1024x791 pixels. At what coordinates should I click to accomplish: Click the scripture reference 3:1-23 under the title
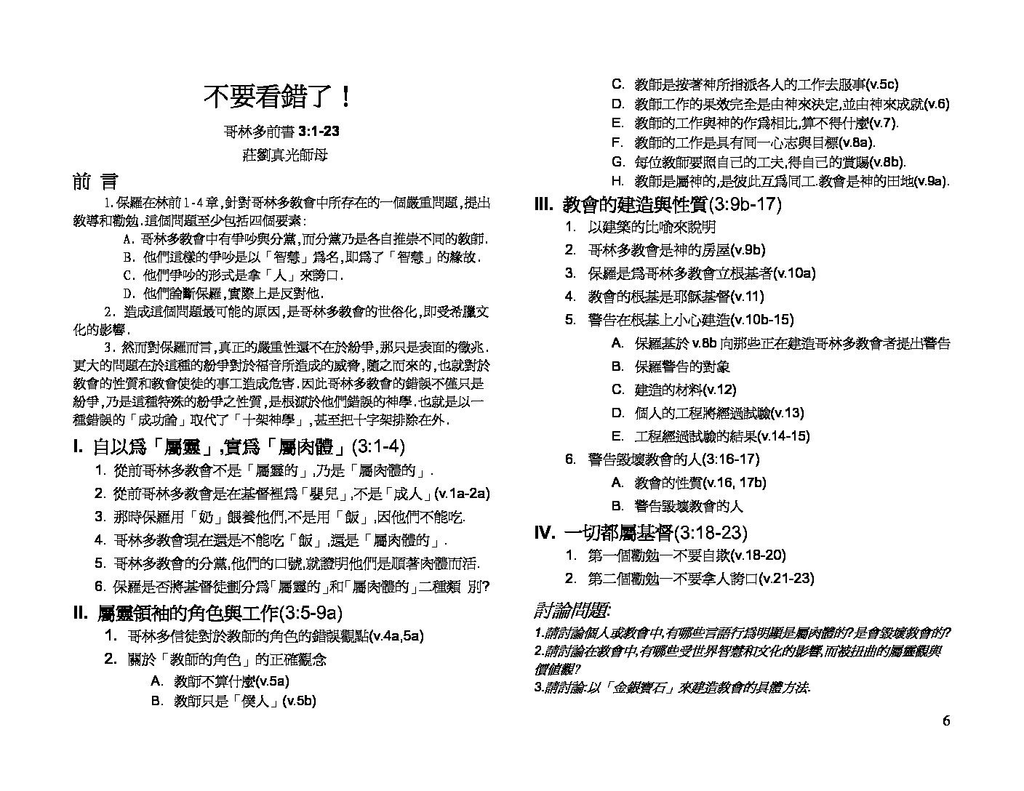pyautogui.click(x=319, y=132)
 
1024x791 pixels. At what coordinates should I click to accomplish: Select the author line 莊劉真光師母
pyautogui.click(x=280, y=156)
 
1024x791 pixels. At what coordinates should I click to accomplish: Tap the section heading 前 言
pyautogui.click(x=95, y=182)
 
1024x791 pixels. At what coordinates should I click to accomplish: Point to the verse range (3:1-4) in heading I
pyautogui.click(x=377, y=447)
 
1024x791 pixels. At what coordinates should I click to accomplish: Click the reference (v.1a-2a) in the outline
pyautogui.click(x=461, y=494)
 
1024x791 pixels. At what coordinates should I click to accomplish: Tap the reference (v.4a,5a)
pyautogui.click(x=396, y=636)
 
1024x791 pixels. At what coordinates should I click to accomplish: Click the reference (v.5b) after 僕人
pyautogui.click(x=299, y=702)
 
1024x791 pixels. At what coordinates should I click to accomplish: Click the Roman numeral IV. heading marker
pyautogui.click(x=545, y=533)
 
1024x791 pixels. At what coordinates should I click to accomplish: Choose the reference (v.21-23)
pyautogui.click(x=785, y=579)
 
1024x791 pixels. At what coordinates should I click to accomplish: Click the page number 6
pyautogui.click(x=946, y=721)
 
